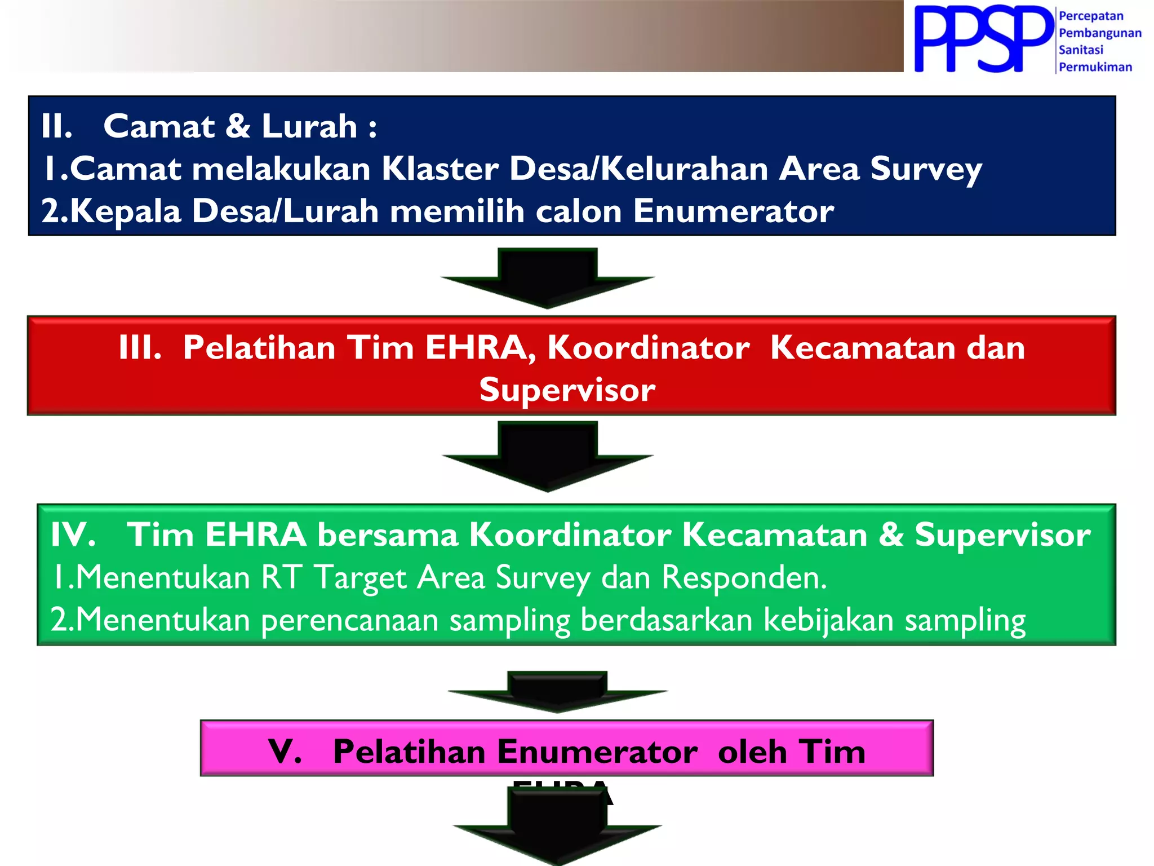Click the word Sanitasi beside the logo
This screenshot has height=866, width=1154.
pyautogui.click(x=1081, y=50)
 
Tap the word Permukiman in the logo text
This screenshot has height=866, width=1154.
pyautogui.click(x=1095, y=67)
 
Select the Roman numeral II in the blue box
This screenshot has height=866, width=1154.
pyautogui.click(x=56, y=126)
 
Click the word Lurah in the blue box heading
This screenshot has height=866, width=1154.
pyautogui.click(x=309, y=126)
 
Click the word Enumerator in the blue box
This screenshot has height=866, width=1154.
pyautogui.click(x=733, y=211)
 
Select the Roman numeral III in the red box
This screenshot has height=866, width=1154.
pyautogui.click(x=140, y=347)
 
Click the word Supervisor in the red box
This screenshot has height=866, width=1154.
pyautogui.click(x=567, y=390)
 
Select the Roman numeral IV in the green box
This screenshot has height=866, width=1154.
pyautogui.click(x=72, y=534)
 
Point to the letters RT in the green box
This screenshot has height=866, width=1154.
pyautogui.click(x=282, y=577)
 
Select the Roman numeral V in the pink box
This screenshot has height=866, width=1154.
pyautogui.click(x=285, y=752)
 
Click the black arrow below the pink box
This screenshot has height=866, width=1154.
pyautogui.click(x=557, y=829)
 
